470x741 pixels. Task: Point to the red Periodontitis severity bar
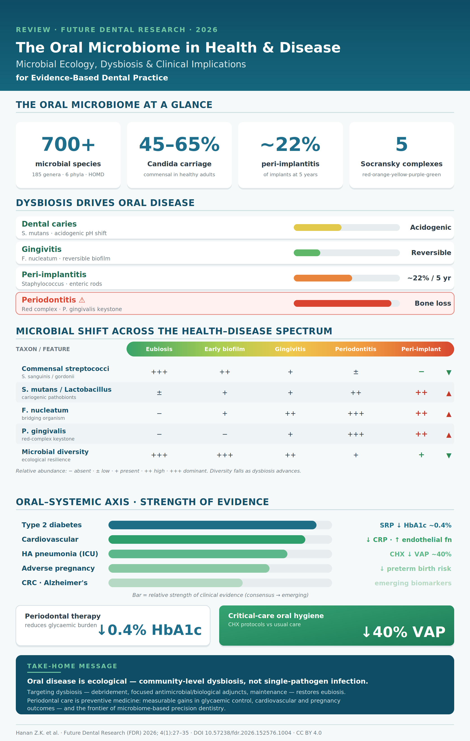342,303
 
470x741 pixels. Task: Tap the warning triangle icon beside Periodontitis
82,300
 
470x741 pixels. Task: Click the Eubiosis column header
159,349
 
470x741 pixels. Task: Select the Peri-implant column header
421,349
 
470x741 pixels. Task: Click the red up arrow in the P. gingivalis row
449,435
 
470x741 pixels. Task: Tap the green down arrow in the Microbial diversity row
449,456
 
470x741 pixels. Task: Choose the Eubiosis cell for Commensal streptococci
159,372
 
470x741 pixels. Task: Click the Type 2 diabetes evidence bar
212,525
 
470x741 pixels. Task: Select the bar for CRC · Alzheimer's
175,583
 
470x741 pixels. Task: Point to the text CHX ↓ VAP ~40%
421,554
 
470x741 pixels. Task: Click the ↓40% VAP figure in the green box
404,632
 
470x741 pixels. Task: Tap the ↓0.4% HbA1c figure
150,630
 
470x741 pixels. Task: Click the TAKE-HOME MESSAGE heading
72,666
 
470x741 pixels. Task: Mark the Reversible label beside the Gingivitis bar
431,253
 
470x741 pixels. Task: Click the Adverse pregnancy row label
58,568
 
